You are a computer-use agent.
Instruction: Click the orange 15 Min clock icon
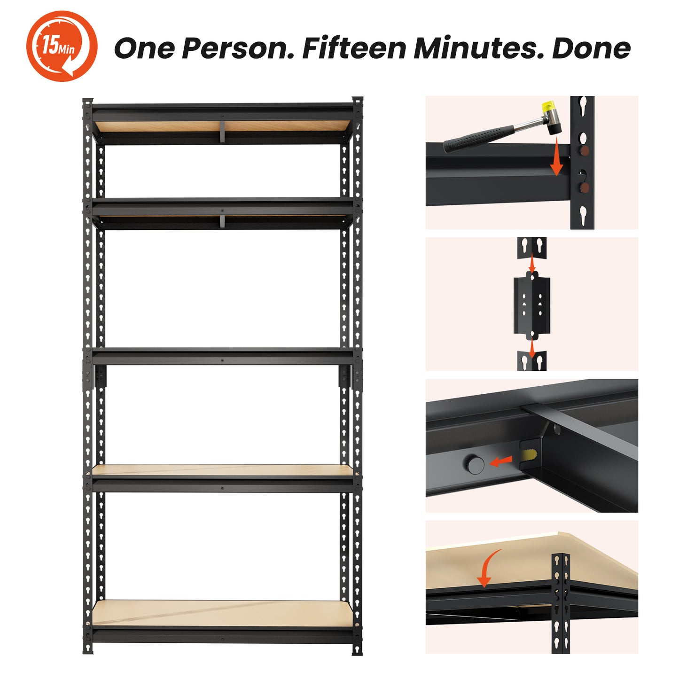(62, 46)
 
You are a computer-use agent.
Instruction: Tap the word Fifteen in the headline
(354, 48)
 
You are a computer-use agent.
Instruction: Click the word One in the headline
(144, 48)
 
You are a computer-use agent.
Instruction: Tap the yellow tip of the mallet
(547, 106)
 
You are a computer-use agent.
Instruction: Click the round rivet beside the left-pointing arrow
(476, 464)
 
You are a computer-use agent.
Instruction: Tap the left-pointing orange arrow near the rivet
(501, 461)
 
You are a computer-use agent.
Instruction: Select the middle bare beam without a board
(223, 356)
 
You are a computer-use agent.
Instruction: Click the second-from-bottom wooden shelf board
(223, 470)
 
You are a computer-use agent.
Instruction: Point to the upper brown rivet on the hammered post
(584, 151)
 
